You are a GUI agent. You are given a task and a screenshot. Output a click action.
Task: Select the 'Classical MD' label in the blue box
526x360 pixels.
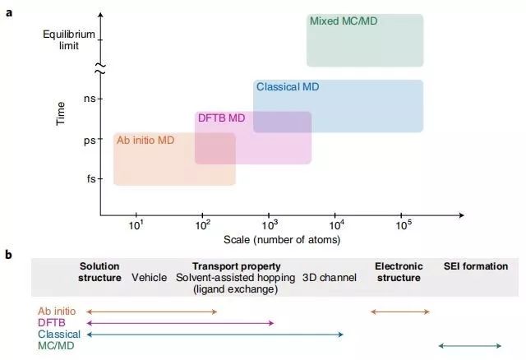click(288, 86)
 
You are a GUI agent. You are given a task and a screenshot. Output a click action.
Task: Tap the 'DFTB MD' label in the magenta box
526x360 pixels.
click(222, 118)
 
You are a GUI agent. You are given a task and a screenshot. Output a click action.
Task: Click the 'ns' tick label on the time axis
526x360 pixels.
click(90, 99)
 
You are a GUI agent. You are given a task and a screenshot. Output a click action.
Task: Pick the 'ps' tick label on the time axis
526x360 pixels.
click(90, 140)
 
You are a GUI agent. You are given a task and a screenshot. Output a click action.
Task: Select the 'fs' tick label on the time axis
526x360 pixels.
click(90, 179)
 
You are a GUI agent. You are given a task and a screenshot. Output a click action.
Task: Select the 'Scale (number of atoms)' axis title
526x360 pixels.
click(282, 240)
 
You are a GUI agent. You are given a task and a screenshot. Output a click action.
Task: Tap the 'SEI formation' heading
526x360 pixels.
click(476, 266)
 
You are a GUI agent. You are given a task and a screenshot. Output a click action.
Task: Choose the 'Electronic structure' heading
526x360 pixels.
click(399, 272)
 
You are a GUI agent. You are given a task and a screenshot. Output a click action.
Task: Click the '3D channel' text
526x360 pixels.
click(330, 278)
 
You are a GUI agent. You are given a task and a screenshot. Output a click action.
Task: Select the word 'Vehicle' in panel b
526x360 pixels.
click(150, 278)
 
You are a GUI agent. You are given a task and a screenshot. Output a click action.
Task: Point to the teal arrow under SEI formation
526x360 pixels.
click(470, 345)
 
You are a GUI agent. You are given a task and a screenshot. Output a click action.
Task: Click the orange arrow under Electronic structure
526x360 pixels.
click(400, 312)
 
